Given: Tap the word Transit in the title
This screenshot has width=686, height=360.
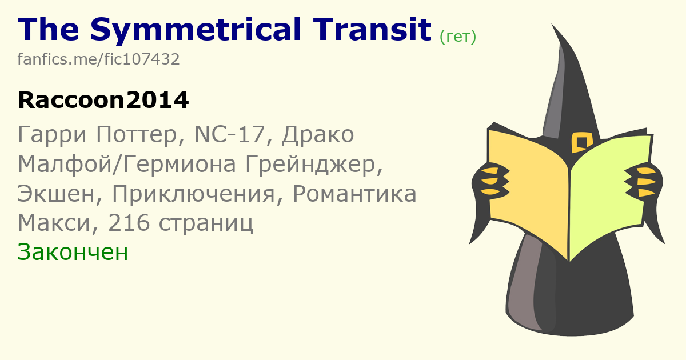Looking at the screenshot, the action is click(x=372, y=29).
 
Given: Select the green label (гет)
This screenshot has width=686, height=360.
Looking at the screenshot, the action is click(x=458, y=37).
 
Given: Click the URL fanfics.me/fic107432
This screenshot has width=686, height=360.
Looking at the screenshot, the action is click(x=98, y=59).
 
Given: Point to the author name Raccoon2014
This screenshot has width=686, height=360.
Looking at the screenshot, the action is click(x=103, y=100).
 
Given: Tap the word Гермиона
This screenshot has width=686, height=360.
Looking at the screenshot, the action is click(x=180, y=165).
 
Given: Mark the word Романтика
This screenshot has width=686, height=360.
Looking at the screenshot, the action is click(x=354, y=194).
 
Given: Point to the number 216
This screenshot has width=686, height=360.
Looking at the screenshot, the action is click(x=129, y=223).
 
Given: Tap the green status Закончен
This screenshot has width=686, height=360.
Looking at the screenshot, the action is click(x=73, y=252).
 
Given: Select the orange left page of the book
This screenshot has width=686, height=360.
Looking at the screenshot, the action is click(x=528, y=190).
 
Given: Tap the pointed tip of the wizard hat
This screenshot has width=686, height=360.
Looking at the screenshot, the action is click(x=552, y=24).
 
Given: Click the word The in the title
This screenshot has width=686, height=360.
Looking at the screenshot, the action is click(x=49, y=29).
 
